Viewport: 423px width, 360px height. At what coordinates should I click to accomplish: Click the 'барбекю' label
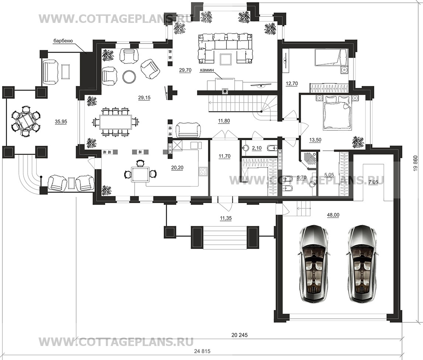(62, 41)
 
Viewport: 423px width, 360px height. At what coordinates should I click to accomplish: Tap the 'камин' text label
(207, 70)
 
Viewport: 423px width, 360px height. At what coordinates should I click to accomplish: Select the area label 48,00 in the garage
(333, 215)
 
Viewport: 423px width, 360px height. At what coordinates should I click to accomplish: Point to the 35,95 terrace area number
(61, 122)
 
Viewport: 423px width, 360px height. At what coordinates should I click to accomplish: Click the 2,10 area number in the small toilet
(257, 148)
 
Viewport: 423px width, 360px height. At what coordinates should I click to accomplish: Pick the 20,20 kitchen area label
(177, 167)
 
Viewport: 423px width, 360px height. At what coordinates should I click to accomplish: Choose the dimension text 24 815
(202, 351)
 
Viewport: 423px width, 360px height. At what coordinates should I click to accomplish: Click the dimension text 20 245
(239, 335)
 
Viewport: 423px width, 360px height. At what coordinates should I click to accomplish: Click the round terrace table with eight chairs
(25, 121)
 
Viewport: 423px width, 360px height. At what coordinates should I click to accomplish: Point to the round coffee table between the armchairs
(129, 76)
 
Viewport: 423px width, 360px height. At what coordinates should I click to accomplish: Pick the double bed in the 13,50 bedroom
(337, 113)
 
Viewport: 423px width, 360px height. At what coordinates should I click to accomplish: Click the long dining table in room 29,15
(115, 122)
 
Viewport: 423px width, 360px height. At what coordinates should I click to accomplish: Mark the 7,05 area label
(373, 183)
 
